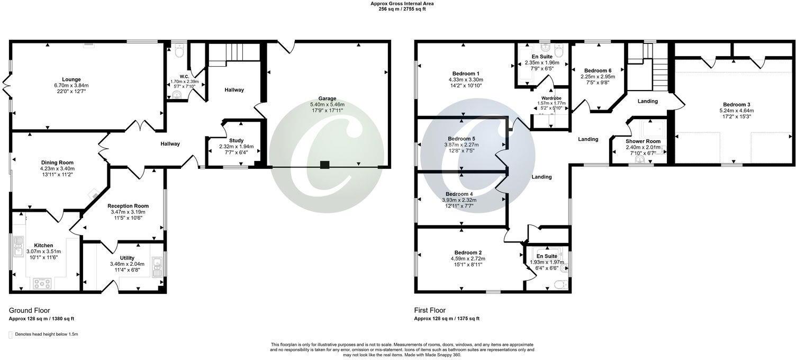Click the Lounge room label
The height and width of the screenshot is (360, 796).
click(71, 79)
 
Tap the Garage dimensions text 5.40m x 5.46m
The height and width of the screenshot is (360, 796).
click(327, 105)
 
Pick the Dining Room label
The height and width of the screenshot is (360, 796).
click(57, 163)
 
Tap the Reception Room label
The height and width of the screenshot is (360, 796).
click(128, 206)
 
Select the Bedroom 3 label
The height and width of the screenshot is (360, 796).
click(733, 104)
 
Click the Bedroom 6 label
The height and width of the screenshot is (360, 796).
click(598, 70)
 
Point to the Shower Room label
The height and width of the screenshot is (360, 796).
click(643, 141)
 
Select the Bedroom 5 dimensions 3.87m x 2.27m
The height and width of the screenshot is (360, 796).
click(459, 145)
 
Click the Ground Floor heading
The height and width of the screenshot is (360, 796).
click(30, 311)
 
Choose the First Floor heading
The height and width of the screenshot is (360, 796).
click(430, 311)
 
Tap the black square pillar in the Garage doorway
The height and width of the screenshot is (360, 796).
click(324, 165)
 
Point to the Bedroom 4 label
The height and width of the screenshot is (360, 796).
click(459, 194)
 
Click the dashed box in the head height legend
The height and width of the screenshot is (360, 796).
click(11, 335)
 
